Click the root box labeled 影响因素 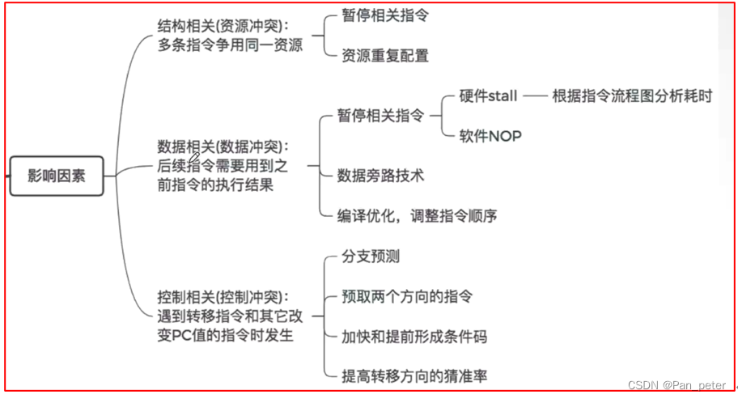(57, 176)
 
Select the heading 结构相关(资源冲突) (223, 26)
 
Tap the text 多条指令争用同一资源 (230, 45)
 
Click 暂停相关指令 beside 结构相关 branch (385, 16)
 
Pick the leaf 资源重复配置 (385, 56)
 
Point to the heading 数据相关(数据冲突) (223, 146)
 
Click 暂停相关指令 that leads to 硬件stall (380, 116)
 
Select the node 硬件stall (488, 96)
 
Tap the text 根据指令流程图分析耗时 (632, 96)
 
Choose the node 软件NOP (490, 136)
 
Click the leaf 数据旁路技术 (380, 175)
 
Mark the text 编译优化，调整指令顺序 (418, 215)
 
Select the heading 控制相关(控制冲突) (223, 297)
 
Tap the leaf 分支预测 (371, 257)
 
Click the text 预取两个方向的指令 (408, 297)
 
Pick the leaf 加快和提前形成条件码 (414, 336)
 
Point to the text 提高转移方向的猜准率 (414, 376)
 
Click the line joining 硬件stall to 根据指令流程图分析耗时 (534, 96)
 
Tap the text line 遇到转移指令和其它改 (230, 316)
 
